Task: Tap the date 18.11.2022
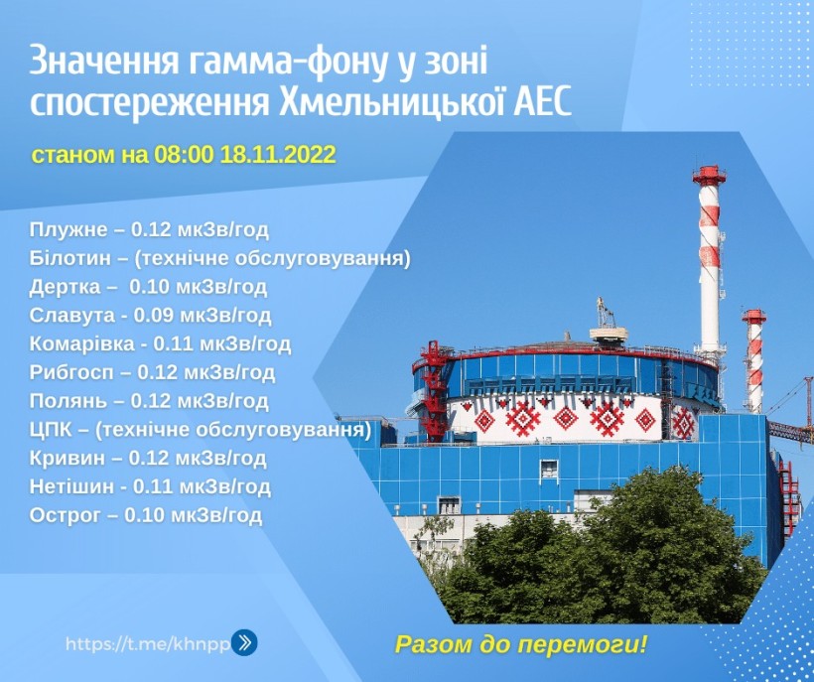(278, 155)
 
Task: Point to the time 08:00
(184, 155)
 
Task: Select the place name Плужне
(68, 230)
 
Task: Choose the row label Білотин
(69, 258)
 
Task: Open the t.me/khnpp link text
(148, 644)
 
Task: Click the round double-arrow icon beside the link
(243, 642)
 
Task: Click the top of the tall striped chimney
(709, 170)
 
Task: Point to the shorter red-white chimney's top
(753, 313)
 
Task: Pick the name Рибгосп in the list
(71, 372)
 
